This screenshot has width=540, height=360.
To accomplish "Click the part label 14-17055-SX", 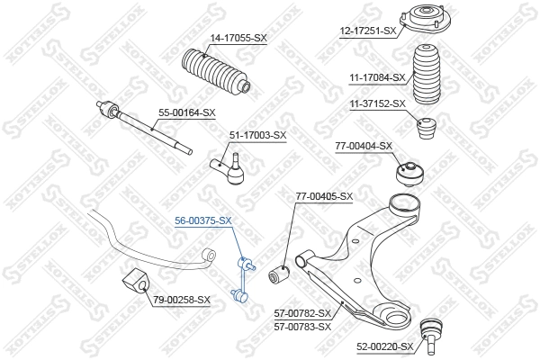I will click(x=238, y=38).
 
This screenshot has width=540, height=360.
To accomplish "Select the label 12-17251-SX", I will click(x=368, y=31).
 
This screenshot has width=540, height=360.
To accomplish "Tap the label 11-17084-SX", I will click(x=377, y=78).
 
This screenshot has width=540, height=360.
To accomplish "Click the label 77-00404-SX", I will click(x=364, y=145).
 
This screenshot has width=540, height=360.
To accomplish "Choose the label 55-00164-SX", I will click(x=187, y=112).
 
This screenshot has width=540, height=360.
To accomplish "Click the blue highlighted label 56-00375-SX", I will click(x=203, y=220).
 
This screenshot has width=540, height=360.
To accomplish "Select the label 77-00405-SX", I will click(x=324, y=196).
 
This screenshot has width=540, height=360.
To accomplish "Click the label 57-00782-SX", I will click(x=302, y=313).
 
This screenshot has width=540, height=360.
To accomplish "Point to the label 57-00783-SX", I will click(x=302, y=326).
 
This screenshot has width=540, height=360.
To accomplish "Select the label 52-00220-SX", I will click(x=384, y=346).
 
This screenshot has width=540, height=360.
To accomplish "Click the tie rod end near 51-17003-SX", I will click(x=229, y=167).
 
